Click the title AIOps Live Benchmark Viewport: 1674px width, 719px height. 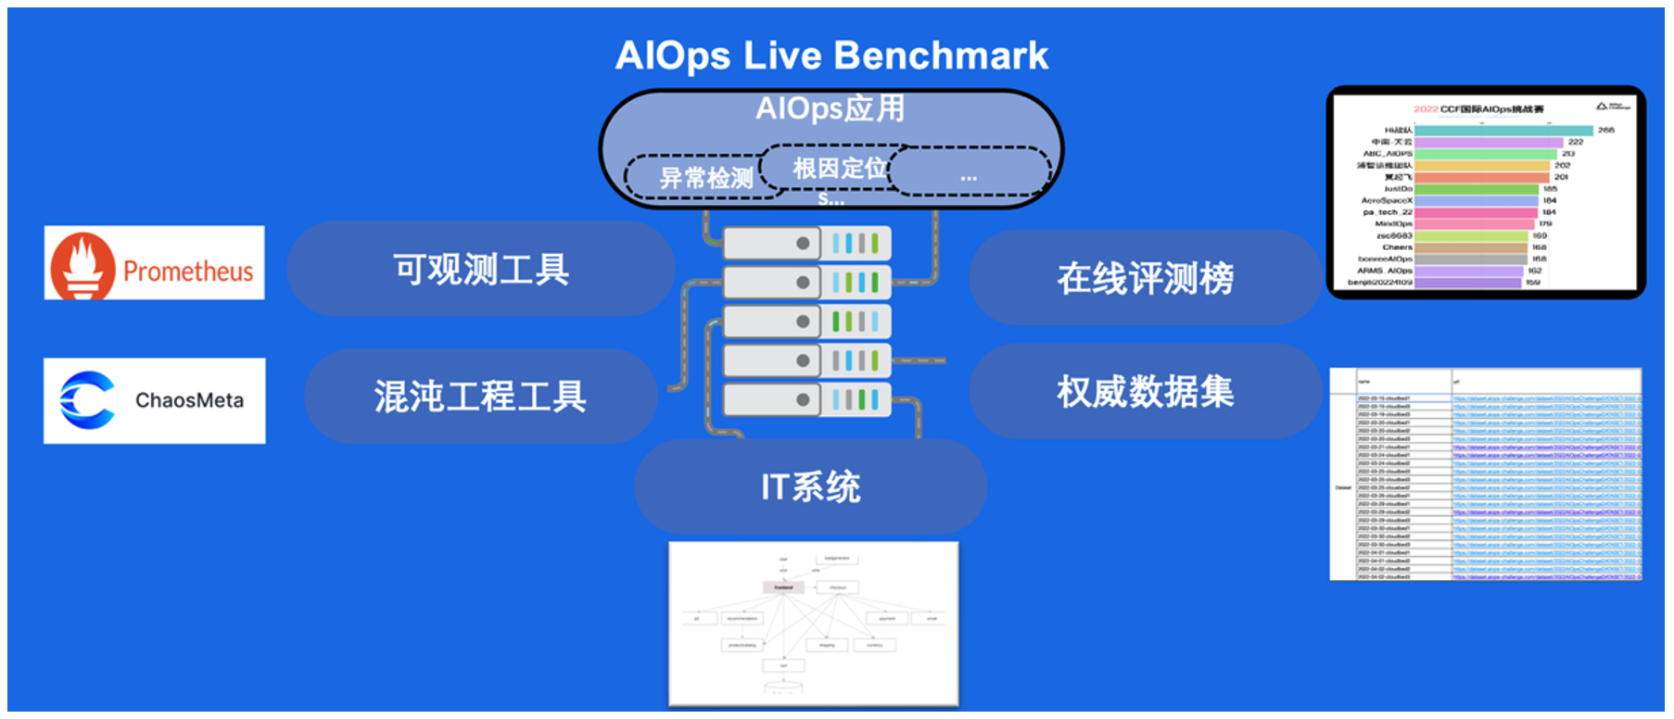831,56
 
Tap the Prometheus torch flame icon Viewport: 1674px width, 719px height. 83,265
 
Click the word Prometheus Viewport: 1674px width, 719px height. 188,271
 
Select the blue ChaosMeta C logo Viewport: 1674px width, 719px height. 87,400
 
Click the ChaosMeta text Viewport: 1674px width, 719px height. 189,400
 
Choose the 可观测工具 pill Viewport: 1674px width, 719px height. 480,269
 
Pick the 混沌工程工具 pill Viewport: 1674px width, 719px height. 480,397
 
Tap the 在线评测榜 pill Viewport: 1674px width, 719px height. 1145,278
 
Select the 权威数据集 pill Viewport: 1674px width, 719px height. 1145,392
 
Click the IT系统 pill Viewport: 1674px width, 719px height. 810,486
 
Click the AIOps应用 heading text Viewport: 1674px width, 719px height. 830,108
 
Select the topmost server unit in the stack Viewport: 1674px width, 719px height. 806,244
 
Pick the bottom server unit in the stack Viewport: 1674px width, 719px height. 806,400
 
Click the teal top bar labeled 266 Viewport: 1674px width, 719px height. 1503,131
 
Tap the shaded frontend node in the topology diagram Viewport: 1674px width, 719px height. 783,587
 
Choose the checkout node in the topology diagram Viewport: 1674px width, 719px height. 837,587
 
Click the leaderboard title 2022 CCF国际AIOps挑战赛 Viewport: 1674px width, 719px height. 1478,109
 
